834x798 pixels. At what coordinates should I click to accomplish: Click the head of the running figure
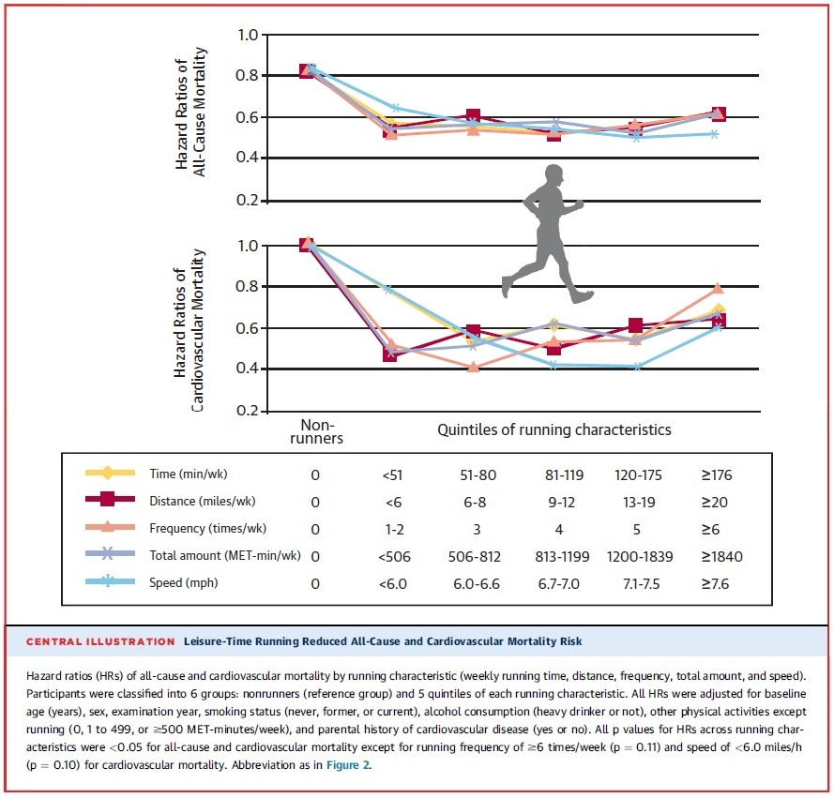(553, 177)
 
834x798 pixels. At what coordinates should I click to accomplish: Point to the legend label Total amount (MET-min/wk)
(224, 556)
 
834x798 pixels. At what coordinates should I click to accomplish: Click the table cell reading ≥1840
(720, 556)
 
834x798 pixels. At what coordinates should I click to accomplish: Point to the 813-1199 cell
(559, 556)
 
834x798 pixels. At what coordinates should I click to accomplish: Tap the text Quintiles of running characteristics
(554, 430)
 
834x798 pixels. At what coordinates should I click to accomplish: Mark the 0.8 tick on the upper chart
(247, 76)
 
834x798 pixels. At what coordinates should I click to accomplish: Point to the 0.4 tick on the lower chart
(247, 369)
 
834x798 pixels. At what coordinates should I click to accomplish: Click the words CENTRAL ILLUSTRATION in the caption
(99, 641)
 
